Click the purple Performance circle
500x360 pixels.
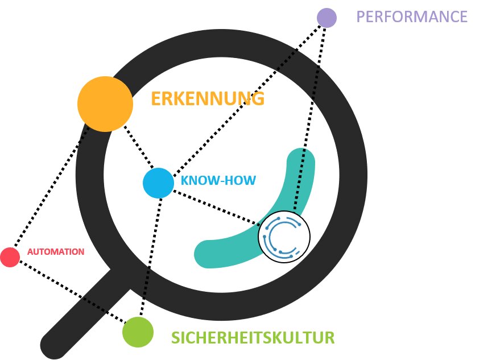point(327,17)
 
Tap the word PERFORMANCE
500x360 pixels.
point(412,16)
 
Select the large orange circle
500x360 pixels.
point(105,104)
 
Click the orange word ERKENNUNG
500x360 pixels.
point(208,99)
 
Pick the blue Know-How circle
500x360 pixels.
point(158,183)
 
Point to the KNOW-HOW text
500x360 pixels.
point(218,181)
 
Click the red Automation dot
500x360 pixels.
point(10,257)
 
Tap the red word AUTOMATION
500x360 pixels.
point(56,251)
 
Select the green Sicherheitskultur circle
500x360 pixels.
point(138,331)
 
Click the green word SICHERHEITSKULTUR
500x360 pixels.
point(253,338)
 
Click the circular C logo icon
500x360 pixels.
point(284,237)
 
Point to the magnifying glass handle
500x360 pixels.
point(85,313)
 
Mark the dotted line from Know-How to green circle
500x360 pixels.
point(149,256)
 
